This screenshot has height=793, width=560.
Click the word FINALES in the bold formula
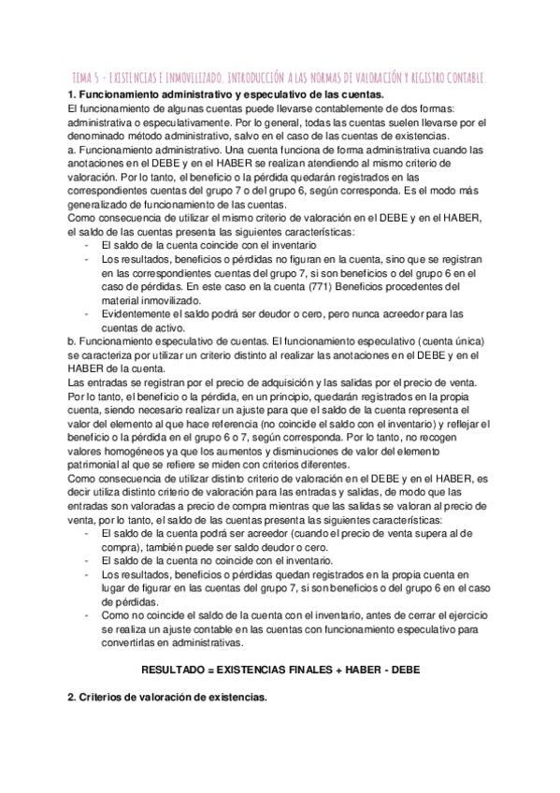pyautogui.click(x=302, y=670)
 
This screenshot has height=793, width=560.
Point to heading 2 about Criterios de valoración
pyautogui.click(x=168, y=697)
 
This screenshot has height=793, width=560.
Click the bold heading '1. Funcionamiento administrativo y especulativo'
pyautogui.click(x=225, y=95)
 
